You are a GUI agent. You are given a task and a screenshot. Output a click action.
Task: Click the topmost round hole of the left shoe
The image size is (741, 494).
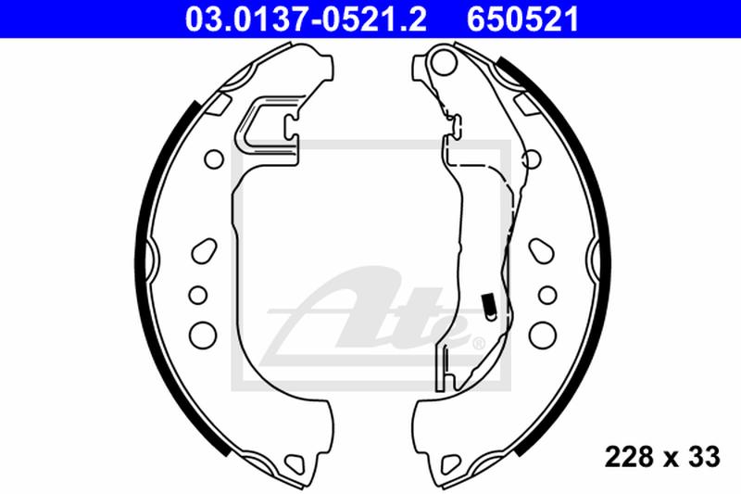(211, 158)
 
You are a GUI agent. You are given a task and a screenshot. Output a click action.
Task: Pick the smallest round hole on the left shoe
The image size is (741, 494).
(197, 294)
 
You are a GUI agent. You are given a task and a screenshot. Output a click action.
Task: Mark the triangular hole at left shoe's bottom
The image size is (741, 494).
(295, 461)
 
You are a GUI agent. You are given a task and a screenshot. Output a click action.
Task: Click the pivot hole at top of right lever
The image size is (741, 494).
(442, 64)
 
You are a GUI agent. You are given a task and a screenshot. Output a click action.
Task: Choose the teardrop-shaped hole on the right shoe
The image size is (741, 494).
(539, 250)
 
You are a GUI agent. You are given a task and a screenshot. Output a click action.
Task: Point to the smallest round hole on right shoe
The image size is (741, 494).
(544, 294)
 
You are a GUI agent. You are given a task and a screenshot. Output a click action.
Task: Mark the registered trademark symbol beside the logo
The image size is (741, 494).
(479, 344)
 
